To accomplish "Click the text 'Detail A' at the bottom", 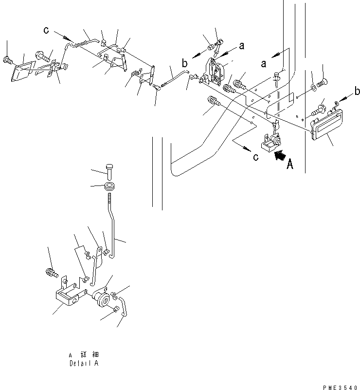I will (84, 363).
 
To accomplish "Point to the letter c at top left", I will (46, 30).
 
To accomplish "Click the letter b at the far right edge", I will (357, 92).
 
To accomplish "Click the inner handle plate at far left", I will (22, 72).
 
